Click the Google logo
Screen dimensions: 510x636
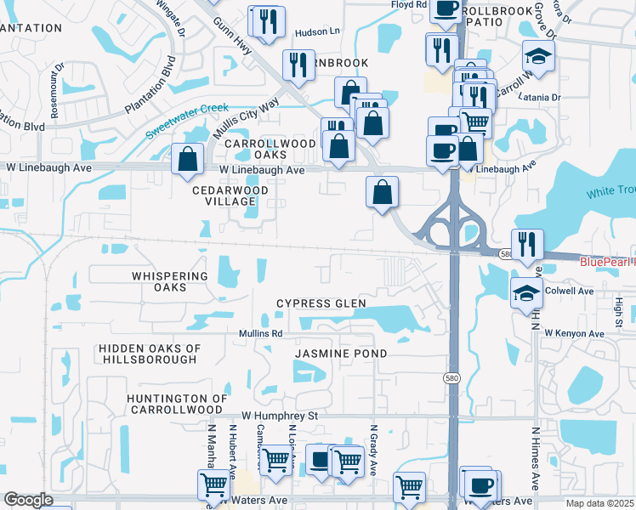tap(27, 500)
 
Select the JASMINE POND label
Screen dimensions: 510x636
tap(341, 353)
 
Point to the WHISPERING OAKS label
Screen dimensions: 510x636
tap(170, 282)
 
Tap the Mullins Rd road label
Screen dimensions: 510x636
tap(260, 333)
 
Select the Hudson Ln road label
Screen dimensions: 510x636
tap(316, 32)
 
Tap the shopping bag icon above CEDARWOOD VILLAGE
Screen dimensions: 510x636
tap(187, 158)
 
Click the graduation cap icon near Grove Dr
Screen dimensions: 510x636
tap(537, 56)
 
